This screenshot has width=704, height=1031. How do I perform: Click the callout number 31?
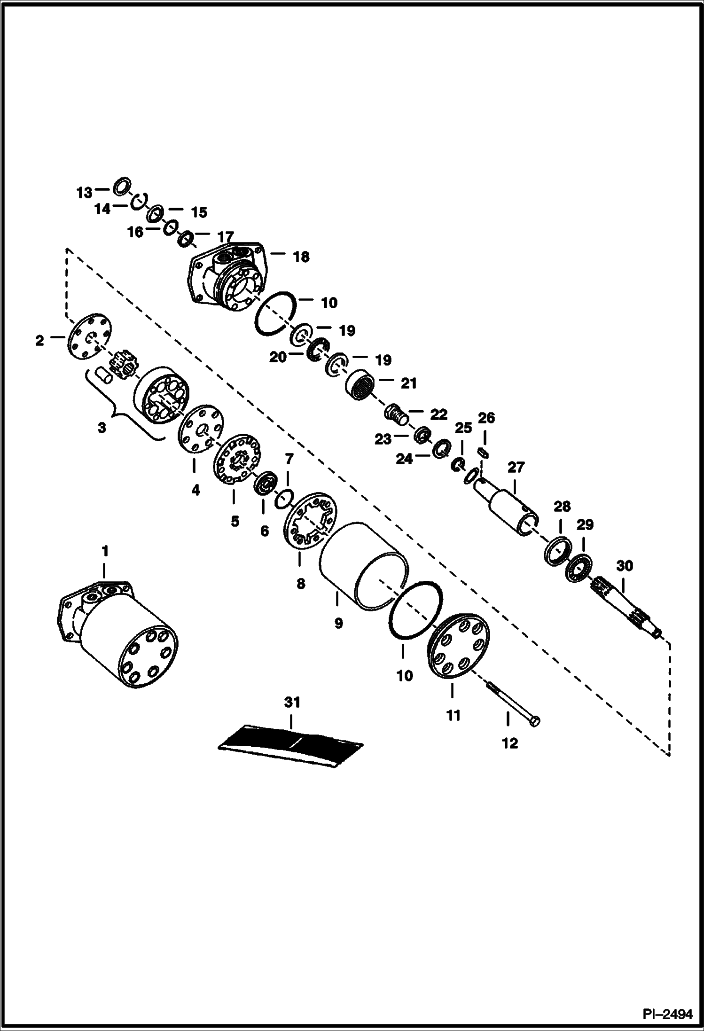(291, 703)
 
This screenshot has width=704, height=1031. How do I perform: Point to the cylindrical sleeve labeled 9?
(362, 566)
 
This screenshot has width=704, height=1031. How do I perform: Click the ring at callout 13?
(122, 186)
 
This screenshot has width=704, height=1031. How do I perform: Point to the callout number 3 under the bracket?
(102, 428)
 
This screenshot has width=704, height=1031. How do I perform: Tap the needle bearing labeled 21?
(362, 384)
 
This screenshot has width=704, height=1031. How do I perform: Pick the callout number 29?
(585, 524)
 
